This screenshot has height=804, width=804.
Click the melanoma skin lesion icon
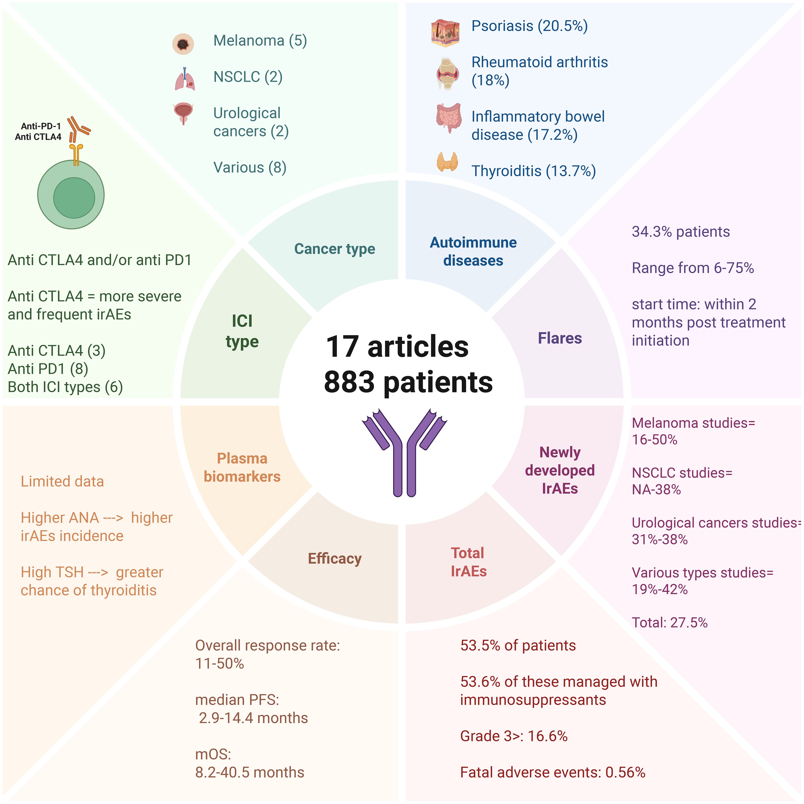(x=183, y=44)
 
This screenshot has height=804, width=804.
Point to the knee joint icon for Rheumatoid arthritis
(x=447, y=74)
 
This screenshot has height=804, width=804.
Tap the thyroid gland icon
(x=447, y=162)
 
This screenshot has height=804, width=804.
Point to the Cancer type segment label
(x=335, y=249)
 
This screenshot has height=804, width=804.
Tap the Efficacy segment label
(x=335, y=558)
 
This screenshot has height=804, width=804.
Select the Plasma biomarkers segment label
(x=242, y=467)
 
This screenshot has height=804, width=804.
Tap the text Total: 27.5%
(x=669, y=623)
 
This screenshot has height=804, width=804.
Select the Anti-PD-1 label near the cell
(x=41, y=126)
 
